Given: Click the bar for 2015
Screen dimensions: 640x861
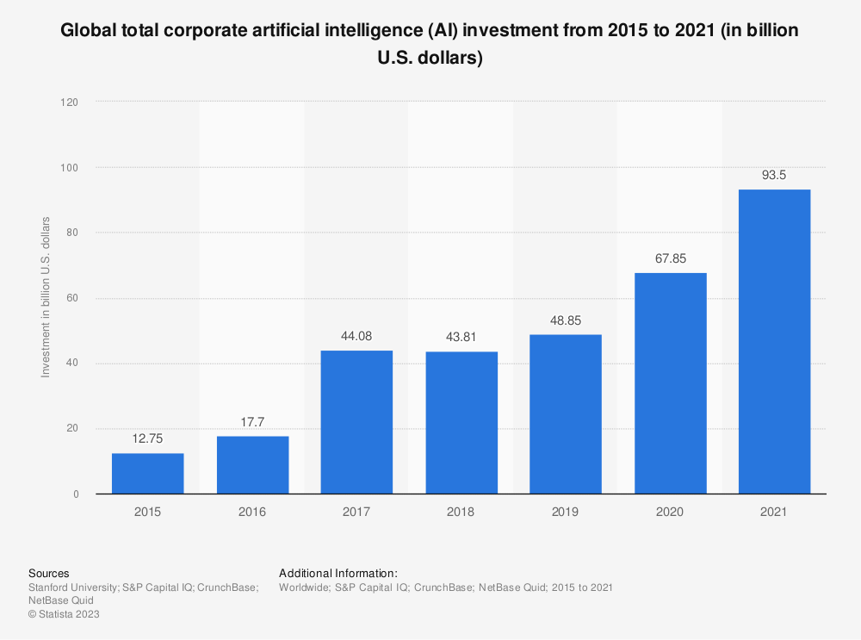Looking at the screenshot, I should (147, 473).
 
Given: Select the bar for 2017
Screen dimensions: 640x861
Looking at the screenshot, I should (356, 422).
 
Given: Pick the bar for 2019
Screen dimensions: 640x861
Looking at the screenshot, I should (565, 414).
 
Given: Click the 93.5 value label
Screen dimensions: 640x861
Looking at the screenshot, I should (774, 175).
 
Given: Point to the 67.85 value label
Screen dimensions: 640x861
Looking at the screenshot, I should (670, 258).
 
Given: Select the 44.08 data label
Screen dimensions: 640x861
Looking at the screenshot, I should (356, 336).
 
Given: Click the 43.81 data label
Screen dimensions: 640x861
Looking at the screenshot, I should (461, 337).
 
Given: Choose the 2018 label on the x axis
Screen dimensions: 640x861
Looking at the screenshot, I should (461, 512).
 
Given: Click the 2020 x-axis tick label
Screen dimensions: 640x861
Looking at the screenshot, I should (670, 512).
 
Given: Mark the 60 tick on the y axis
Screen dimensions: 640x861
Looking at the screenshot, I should (73, 298).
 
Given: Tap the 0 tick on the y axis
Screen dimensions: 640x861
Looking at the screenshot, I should (77, 494).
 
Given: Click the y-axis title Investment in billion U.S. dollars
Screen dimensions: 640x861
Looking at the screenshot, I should (46, 298).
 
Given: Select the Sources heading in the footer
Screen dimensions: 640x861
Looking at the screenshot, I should (49, 573).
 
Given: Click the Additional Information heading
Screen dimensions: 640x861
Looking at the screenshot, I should (338, 573).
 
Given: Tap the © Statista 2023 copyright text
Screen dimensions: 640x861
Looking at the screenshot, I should (64, 614).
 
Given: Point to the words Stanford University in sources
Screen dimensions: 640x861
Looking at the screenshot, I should (73, 587).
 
